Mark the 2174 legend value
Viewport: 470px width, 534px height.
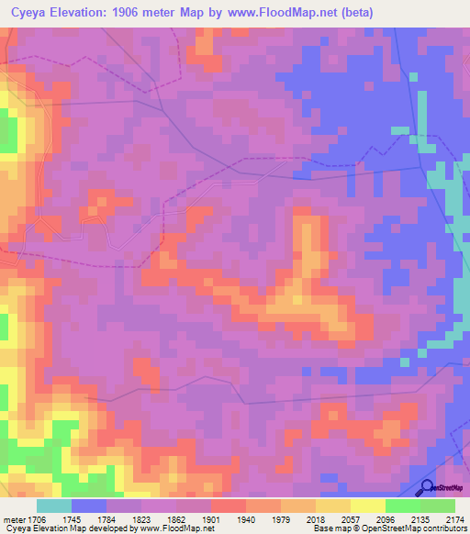click(x=455, y=518)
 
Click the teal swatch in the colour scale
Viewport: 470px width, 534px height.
click(x=53, y=506)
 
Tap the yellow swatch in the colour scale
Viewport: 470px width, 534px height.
click(x=367, y=506)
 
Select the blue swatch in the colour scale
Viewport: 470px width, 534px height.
click(x=89, y=506)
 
